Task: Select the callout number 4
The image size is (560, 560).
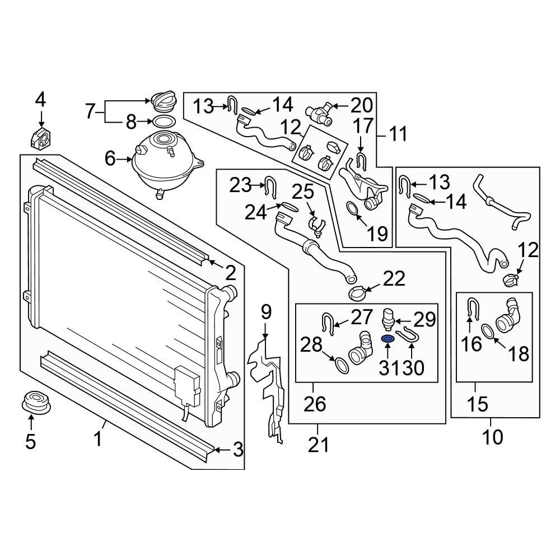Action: tap(40, 100)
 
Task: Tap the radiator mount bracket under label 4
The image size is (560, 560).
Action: tap(40, 138)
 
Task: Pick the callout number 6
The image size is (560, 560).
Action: tap(110, 158)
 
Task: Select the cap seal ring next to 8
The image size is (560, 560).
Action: tap(164, 122)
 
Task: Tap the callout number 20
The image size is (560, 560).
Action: tap(361, 105)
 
